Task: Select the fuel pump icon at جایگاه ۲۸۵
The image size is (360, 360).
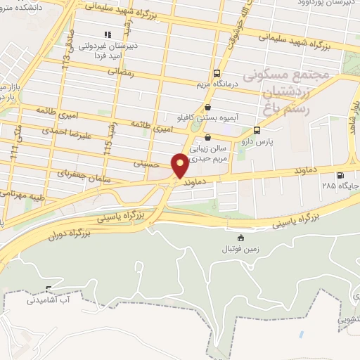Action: click(341, 176)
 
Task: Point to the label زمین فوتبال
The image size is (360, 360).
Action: click(242, 250)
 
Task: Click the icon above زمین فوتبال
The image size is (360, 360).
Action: click(242, 238)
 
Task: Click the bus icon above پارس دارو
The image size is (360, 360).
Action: click(257, 130)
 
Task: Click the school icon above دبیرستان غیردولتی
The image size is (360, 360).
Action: click(108, 34)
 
